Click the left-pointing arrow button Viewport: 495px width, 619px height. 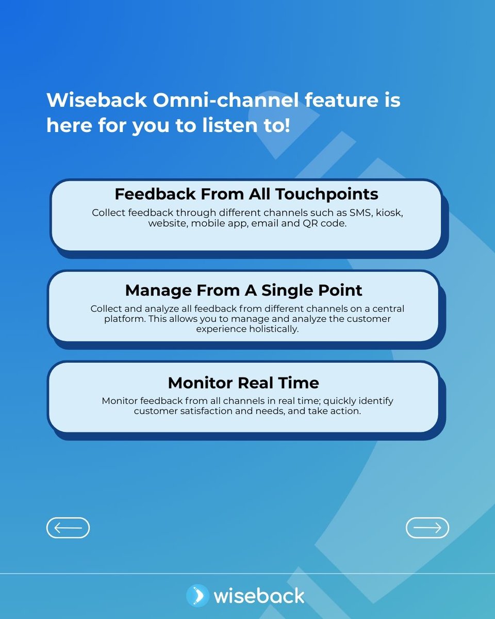coord(68,528)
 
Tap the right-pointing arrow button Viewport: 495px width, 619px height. coord(427,528)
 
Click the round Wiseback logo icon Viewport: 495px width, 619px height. coord(197,596)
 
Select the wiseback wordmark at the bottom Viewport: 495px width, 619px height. coord(259,596)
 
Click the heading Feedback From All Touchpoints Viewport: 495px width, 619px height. coord(246,194)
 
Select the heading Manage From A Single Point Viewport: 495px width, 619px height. coord(243,290)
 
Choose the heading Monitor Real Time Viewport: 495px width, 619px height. coord(243,383)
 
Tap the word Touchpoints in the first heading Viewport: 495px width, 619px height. coord(326,194)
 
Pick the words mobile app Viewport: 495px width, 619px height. coord(220,224)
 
